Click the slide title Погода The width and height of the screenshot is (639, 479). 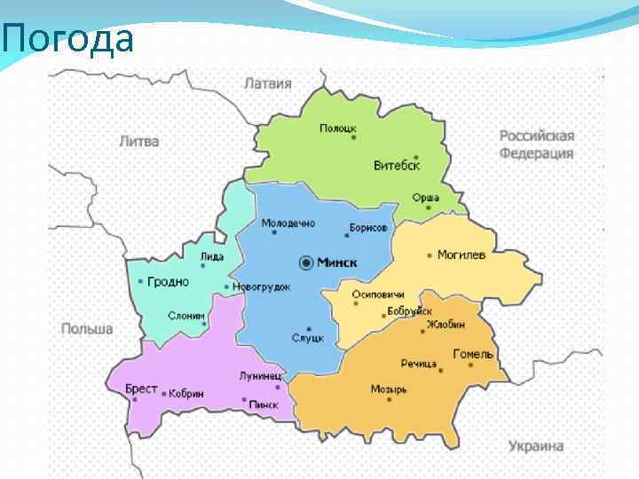tap(67, 40)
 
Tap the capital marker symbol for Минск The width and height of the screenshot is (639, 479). tap(307, 263)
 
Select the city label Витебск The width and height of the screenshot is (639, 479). tap(397, 166)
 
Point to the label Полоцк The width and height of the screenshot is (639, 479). tap(338, 129)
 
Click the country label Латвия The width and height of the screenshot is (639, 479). tap(267, 84)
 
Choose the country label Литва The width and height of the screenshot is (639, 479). tap(139, 141)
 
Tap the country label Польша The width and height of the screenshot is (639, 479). tap(87, 329)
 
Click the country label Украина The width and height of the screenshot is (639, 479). tap(536, 446)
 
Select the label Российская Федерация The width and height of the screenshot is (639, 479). tap(537, 145)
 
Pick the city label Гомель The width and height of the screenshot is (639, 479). tap(473, 354)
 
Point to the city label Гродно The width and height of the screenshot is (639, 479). tap(168, 282)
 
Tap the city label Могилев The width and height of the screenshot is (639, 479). tap(461, 255)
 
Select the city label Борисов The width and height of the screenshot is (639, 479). tap(368, 228)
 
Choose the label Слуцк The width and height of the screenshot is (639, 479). tap(308, 339)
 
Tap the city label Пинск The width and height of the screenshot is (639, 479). tap(264, 405)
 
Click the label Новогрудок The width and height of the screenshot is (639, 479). tap(262, 287)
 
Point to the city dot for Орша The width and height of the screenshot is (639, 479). tap(428, 208)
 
